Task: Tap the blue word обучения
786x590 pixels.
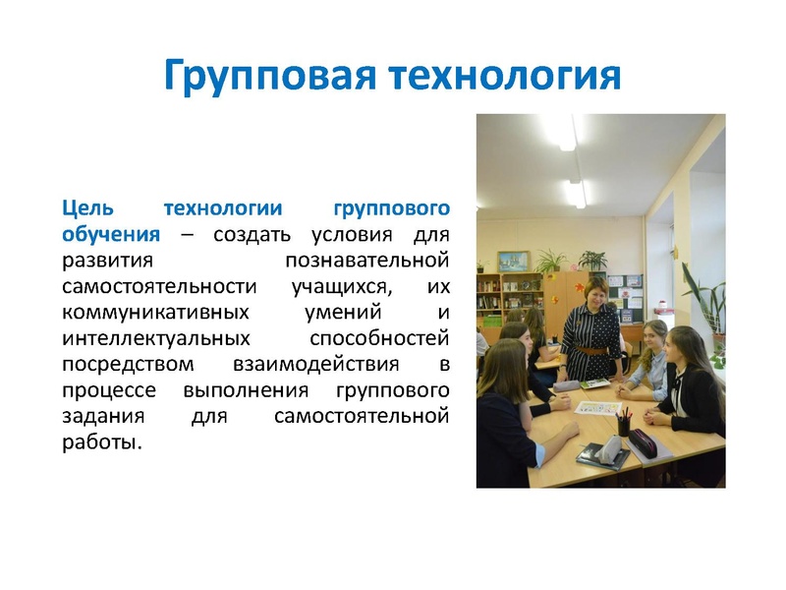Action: [x=110, y=235]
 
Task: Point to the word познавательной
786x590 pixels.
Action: [x=366, y=262]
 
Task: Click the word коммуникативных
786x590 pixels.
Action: [x=144, y=313]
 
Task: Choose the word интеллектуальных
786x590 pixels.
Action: [x=144, y=339]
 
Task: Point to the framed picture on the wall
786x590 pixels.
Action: [x=513, y=261]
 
